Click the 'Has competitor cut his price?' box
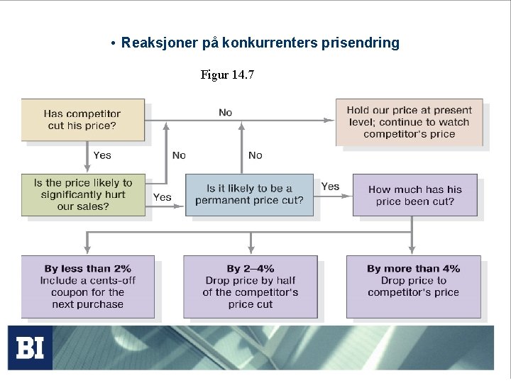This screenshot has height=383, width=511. tap(82, 120)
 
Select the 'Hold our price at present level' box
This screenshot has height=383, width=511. tap(409, 122)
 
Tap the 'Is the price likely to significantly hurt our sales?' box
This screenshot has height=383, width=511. tap(82, 194)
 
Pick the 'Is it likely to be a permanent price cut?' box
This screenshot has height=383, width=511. tap(249, 194)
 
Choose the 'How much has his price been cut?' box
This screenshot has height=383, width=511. tap(414, 195)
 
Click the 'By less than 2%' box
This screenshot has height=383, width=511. tap(87, 287)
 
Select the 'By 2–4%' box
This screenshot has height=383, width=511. tap(250, 287)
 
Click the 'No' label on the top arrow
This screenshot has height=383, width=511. tap(225, 113)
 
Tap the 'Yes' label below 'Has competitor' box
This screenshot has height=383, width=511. tap(102, 155)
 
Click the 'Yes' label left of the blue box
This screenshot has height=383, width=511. tap(163, 197)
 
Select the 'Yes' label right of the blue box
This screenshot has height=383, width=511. tap(330, 187)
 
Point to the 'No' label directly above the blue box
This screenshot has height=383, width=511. tap(255, 155)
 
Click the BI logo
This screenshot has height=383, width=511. tap(30, 348)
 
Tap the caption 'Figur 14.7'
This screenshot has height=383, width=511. tap(227, 74)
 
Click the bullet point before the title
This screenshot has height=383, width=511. tap(114, 43)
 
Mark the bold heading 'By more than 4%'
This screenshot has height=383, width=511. tap(413, 269)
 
